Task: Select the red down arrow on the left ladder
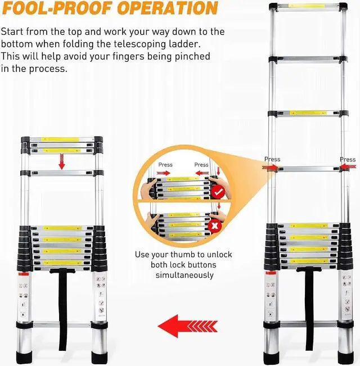61,162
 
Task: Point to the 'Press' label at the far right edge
348,159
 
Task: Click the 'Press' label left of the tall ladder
272,159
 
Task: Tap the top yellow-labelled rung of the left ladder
62,138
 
